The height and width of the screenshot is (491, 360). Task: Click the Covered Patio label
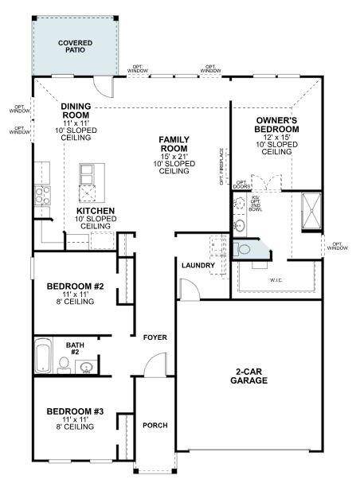click(75, 46)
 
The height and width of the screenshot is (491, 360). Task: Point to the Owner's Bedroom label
click(276, 125)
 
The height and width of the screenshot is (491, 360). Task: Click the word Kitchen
click(95, 212)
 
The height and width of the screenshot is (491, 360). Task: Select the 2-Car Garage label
click(250, 376)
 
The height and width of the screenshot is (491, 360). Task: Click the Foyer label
click(155, 338)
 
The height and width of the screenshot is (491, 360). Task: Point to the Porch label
click(155, 426)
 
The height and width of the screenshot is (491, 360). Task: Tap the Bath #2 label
click(75, 347)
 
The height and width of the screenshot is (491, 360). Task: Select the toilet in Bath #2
click(64, 364)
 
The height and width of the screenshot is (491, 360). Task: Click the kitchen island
click(91, 181)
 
